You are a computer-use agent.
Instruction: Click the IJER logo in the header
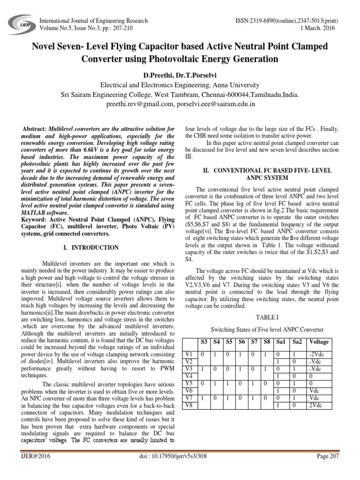click(x=20, y=24)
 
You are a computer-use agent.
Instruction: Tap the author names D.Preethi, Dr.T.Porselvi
click(x=180, y=75)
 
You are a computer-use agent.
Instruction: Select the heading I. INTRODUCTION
click(x=97, y=247)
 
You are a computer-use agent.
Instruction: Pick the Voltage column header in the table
click(x=319, y=342)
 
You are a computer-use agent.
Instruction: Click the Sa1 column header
click(x=280, y=342)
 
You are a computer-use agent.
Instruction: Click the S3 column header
click(x=205, y=342)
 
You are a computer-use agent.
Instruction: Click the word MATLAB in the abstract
click(x=35, y=212)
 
